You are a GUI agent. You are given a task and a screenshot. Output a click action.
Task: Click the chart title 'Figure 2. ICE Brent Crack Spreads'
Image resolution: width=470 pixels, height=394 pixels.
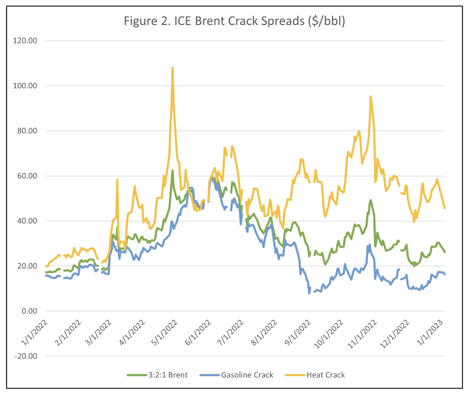pos(234,21)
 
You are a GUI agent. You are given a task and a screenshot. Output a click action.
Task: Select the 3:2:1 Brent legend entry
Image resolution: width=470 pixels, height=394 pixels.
pos(168,375)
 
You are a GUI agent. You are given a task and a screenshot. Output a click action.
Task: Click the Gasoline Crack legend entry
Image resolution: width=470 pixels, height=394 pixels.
pos(247,375)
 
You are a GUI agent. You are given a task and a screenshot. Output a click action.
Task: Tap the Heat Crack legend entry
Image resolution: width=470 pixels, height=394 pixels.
pos(325,375)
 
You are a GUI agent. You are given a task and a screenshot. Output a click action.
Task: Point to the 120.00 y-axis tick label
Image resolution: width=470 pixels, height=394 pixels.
pos(25,41)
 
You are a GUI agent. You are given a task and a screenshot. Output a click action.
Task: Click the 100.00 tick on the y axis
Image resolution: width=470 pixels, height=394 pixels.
pos(25,86)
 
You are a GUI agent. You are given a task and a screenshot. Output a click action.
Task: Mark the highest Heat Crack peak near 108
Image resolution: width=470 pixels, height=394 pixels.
pos(173,68)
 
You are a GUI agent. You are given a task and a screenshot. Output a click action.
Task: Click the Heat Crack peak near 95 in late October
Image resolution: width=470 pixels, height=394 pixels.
pos(371,96)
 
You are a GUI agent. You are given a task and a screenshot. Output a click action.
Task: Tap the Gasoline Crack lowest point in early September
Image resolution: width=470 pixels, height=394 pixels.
pos(309,293)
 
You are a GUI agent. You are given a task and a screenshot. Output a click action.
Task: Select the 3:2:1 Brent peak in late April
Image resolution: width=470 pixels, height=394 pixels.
pos(173,171)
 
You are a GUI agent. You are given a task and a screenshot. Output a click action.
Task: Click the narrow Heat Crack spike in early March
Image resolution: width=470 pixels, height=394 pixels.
pos(117,179)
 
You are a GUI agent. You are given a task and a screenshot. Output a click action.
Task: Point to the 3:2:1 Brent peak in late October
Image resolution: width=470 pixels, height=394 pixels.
pos(371,200)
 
